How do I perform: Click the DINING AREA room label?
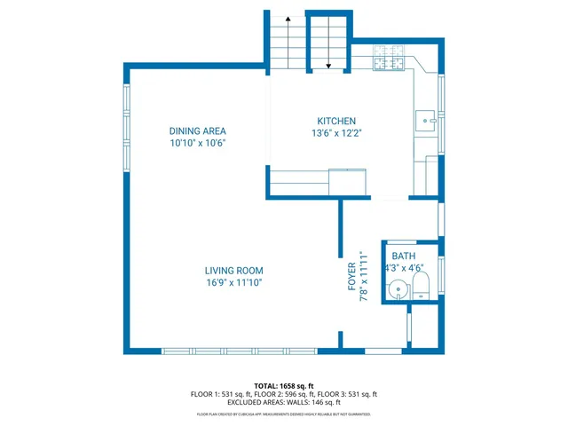[198, 130]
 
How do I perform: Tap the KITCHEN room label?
[336, 122]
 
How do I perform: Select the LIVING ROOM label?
[233, 271]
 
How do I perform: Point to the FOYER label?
[351, 276]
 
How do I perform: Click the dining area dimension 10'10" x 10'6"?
[198, 142]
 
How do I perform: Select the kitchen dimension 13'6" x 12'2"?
[336, 133]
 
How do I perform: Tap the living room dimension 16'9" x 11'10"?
[233, 282]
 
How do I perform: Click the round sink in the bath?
[398, 288]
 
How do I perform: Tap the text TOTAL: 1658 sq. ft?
[284, 386]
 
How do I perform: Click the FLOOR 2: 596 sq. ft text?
[283, 394]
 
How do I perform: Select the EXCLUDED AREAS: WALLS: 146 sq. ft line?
[284, 402]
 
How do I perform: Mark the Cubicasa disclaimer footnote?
[284, 414]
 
